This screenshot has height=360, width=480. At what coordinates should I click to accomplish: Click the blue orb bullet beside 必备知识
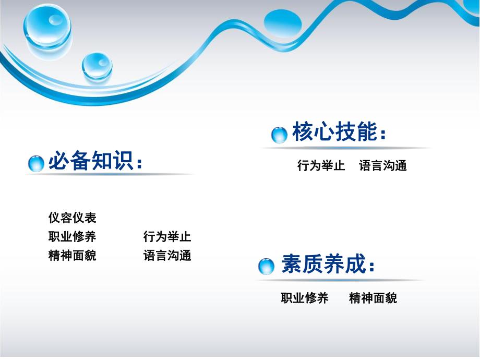click(x=36, y=163)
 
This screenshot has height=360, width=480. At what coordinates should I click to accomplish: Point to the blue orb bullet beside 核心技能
click(x=280, y=135)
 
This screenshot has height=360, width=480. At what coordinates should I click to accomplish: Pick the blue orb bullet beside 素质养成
click(x=267, y=267)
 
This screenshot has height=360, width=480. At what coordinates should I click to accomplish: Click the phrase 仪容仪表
click(x=72, y=218)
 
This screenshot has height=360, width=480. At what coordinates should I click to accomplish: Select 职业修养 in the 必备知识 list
click(x=72, y=236)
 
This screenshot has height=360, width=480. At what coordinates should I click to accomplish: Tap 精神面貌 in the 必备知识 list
click(x=72, y=256)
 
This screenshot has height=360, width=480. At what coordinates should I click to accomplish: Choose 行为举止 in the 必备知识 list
click(x=167, y=236)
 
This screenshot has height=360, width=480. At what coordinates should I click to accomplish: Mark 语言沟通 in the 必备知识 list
click(x=167, y=256)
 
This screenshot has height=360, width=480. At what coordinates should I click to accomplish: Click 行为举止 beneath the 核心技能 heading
click(x=321, y=166)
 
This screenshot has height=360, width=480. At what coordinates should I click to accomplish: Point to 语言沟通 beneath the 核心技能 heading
click(x=383, y=166)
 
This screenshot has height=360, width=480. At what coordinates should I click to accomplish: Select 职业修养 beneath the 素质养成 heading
click(x=305, y=298)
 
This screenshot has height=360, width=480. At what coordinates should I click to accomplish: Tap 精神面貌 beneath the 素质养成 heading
click(x=373, y=298)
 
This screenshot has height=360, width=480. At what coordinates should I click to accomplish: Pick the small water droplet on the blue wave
click(x=97, y=66)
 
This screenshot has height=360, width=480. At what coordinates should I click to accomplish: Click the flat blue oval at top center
click(x=283, y=23)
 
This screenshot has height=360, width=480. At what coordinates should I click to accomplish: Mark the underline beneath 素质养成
click(x=339, y=280)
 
